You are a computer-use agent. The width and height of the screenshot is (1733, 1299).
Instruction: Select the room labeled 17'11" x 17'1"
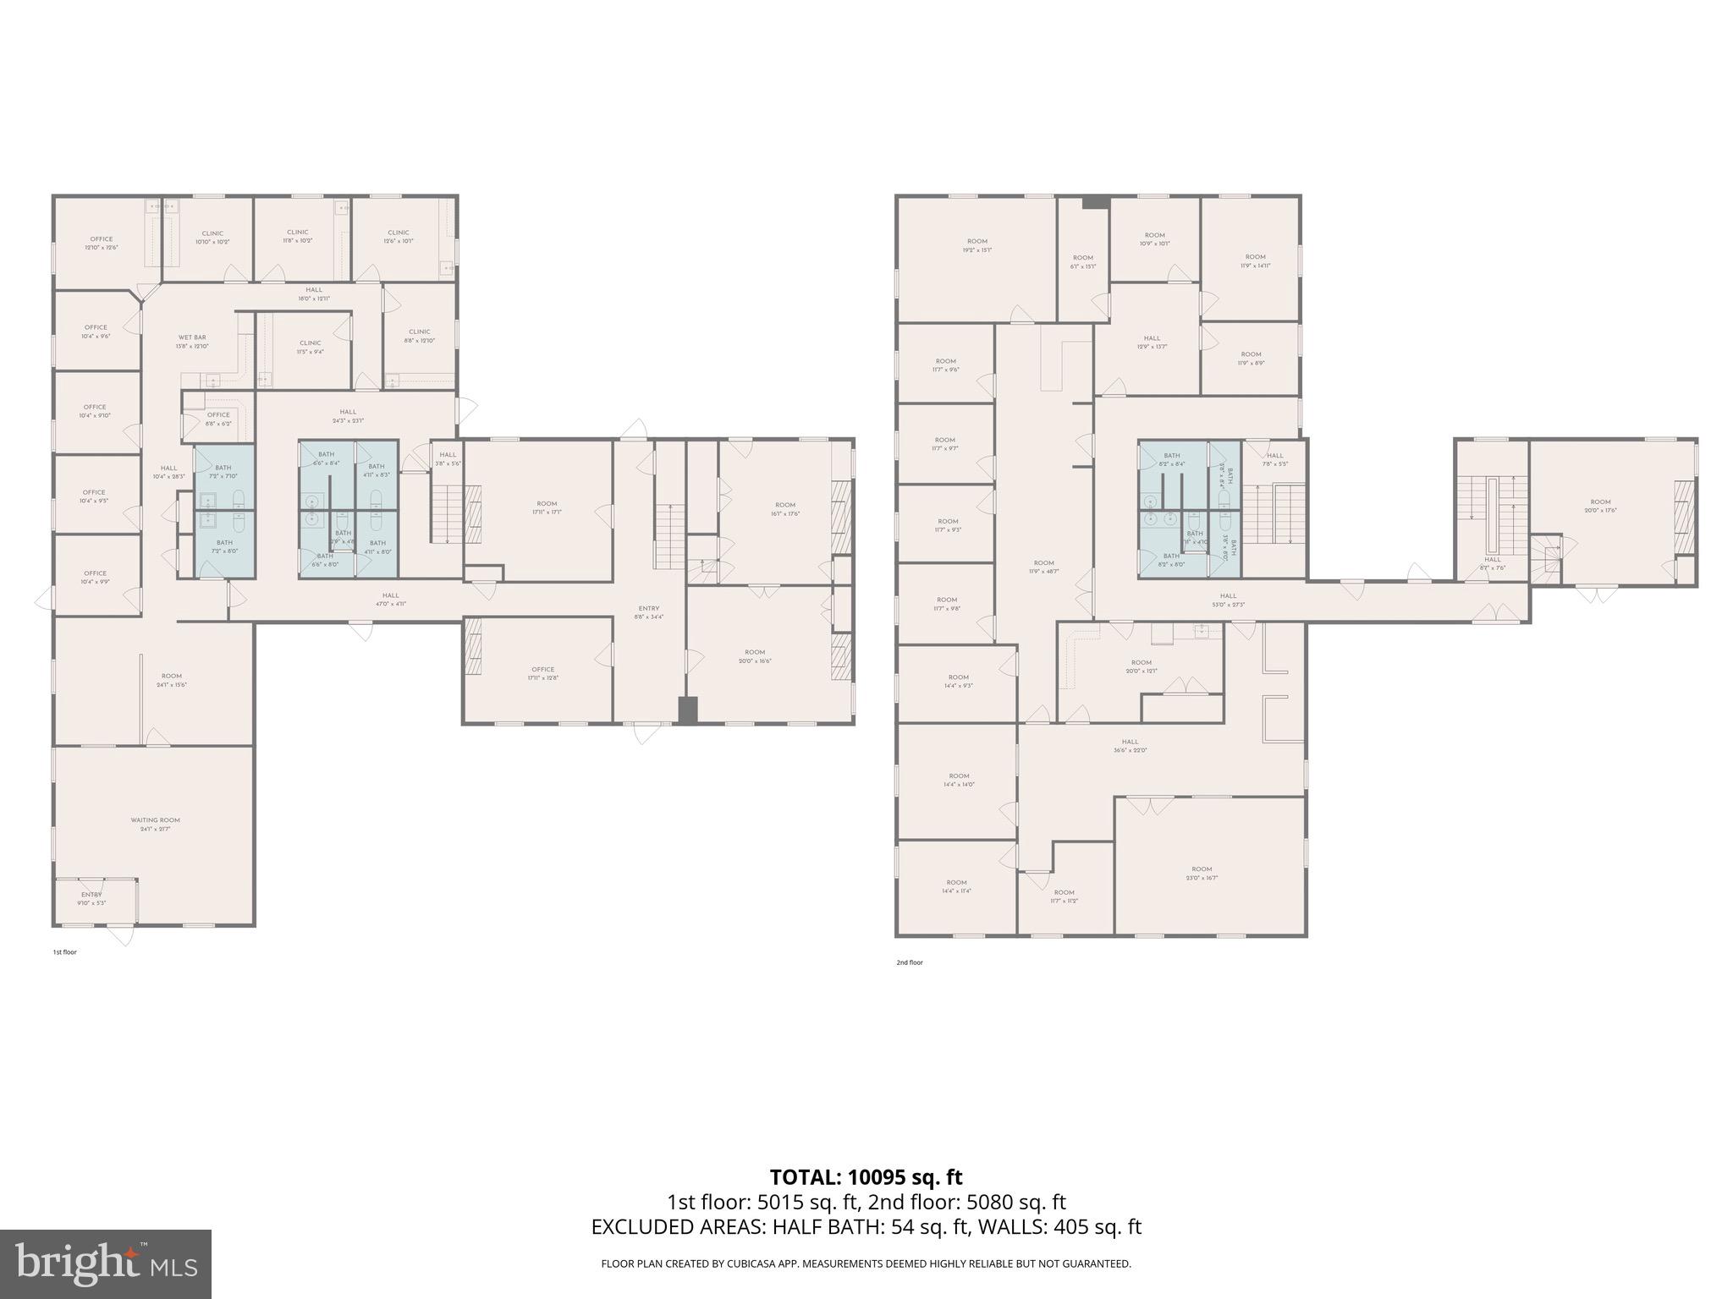point(547,507)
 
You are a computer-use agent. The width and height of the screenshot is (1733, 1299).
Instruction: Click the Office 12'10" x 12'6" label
point(101,244)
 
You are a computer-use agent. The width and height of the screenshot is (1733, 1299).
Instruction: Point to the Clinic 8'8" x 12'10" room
point(419,336)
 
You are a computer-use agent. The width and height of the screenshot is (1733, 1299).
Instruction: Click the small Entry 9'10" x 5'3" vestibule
point(91,898)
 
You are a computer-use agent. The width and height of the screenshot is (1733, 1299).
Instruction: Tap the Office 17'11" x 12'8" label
point(542,673)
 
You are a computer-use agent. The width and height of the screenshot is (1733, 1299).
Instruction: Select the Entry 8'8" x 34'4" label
point(648,612)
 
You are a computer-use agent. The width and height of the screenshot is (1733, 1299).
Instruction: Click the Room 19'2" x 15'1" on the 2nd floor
point(977,246)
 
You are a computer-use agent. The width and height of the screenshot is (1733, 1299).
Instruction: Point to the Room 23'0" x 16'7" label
point(1202,873)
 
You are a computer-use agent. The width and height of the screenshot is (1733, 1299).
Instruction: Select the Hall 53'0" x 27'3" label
point(1228,600)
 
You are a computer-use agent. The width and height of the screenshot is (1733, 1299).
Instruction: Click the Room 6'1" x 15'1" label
point(1083,262)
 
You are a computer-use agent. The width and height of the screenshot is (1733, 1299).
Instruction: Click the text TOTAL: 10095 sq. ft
point(866,1177)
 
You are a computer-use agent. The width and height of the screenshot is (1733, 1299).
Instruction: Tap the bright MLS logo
point(106,1264)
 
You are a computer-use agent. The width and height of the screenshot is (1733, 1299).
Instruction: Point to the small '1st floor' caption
point(65,952)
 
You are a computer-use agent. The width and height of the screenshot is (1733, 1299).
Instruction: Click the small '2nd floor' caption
point(910,962)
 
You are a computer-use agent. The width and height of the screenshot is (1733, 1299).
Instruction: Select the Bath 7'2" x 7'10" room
point(223,472)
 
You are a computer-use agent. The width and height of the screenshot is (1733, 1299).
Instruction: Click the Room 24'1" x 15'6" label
point(172,680)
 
